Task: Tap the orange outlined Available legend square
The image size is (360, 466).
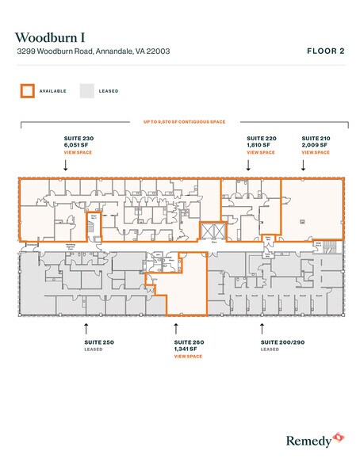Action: coord(27,90)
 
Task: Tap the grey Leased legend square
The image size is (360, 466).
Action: coord(87,90)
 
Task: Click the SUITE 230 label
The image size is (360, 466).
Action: coord(79,138)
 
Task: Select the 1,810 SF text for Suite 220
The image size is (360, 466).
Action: coord(258,144)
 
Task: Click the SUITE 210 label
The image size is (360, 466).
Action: coord(316,138)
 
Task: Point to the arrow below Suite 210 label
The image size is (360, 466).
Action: coord(304,166)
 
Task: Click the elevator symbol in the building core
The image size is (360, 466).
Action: coord(210,231)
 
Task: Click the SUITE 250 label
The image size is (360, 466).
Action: coord(99,342)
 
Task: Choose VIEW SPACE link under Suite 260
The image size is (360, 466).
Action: coord(188,357)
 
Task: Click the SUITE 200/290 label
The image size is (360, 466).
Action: coord(280,342)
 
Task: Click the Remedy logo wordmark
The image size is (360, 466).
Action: coord(310,437)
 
